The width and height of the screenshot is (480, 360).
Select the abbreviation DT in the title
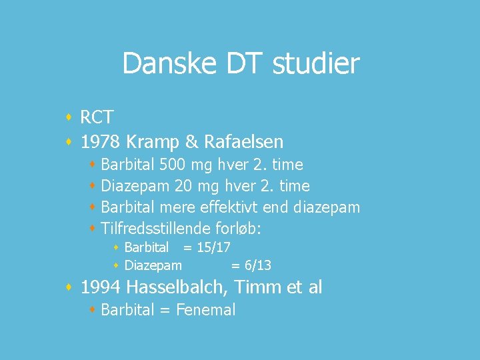pyautogui.click(x=239, y=64)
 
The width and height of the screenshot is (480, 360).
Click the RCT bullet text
pyautogui.click(x=97, y=117)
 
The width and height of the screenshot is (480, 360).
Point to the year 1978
pyautogui.click(x=100, y=141)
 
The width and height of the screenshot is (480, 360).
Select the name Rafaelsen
pyautogui.click(x=243, y=141)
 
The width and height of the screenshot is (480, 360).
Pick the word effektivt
pyautogui.click(x=224, y=207)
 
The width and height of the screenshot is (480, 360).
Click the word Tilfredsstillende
pyautogui.click(x=156, y=229)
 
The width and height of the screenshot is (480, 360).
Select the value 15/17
pyautogui.click(x=213, y=247)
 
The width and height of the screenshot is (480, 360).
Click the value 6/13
pyautogui.click(x=255, y=265)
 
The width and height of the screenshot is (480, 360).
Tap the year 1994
pyautogui.click(x=100, y=287)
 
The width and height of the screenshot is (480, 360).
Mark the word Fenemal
pyautogui.click(x=206, y=310)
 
